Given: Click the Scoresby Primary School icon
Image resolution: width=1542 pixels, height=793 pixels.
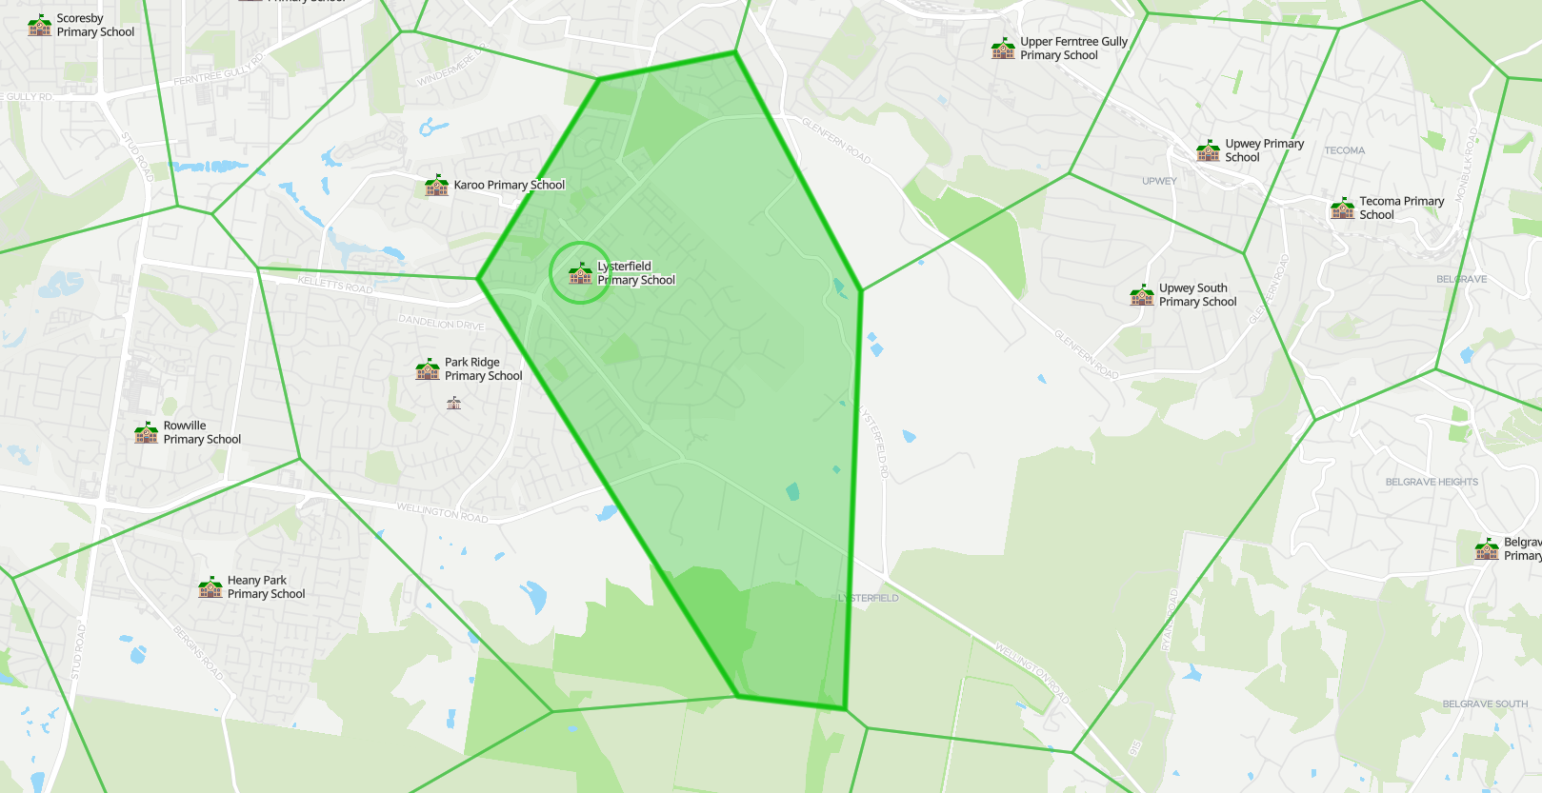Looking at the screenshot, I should (40, 25).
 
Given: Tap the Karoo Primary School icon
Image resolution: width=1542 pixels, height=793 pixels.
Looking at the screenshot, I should (437, 186).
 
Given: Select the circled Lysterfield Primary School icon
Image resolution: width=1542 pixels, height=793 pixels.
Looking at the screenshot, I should (580, 273).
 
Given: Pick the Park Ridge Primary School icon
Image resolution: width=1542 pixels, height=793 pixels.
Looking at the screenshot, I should (428, 369).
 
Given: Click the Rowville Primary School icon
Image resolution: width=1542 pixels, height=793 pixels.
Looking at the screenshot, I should (147, 433).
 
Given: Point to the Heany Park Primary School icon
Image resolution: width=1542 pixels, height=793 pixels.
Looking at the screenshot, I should (210, 587).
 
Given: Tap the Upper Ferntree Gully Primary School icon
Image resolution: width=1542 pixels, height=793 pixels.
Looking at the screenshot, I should (1003, 49).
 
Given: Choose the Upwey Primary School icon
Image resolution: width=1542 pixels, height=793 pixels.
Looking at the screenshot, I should (1209, 150).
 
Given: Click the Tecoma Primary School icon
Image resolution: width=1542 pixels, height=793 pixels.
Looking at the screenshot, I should (1343, 208).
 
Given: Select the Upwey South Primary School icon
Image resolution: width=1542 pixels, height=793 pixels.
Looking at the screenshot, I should (1142, 295).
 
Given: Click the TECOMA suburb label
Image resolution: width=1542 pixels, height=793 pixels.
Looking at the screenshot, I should (1344, 150).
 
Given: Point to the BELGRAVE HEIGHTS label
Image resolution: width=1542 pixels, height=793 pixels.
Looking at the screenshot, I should (1432, 482).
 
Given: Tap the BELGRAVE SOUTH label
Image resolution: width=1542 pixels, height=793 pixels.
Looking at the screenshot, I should (1484, 704).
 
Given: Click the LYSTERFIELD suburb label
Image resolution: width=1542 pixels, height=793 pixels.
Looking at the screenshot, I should (869, 598).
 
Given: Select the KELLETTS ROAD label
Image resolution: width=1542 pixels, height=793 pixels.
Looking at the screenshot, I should (335, 284).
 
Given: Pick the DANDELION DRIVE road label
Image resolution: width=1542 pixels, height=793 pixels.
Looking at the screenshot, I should (441, 323).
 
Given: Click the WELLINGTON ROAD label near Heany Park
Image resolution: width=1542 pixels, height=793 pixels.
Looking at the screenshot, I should (442, 512).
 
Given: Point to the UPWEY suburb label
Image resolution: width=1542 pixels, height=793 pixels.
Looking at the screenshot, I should (1159, 181).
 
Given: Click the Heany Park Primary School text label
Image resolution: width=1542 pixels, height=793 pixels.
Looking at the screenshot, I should (266, 586).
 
